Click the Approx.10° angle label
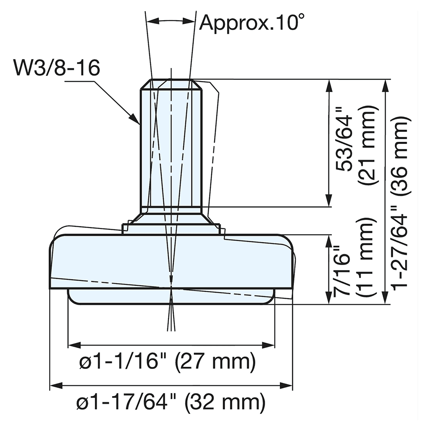(x=249, y=22)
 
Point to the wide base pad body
(x=108, y=261)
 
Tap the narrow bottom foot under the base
(x=129, y=297)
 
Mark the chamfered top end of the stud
(x=171, y=84)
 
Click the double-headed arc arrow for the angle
(x=171, y=20)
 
